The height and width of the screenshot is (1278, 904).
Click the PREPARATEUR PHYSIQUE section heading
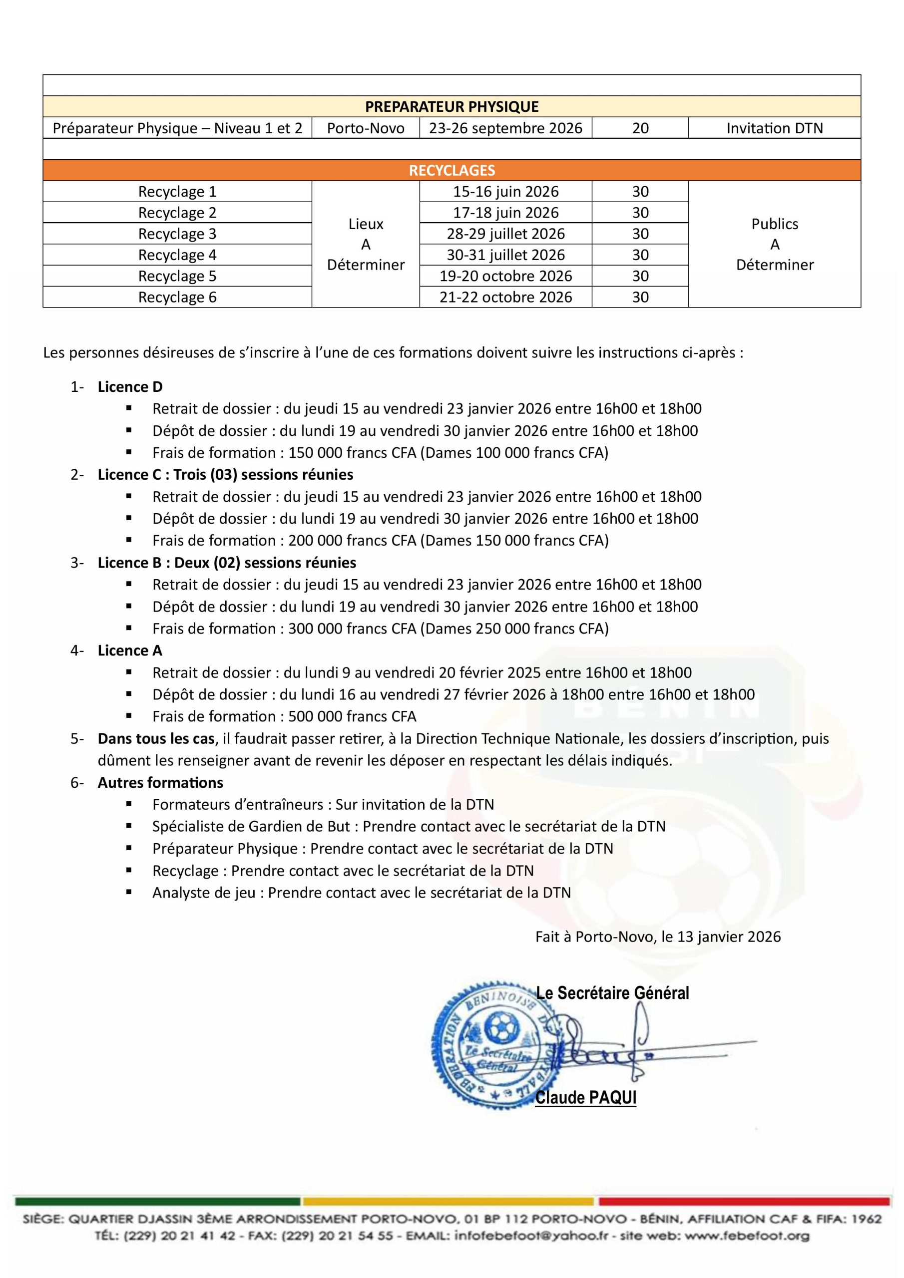point(451,106)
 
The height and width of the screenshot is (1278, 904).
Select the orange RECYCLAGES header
point(451,170)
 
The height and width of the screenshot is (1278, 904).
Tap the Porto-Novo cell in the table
point(366,128)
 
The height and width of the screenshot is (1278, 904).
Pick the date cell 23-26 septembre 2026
point(505,128)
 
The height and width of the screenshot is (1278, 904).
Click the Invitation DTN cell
point(774,128)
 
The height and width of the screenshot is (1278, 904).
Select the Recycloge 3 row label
point(177,234)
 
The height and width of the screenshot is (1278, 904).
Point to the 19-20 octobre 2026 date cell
point(505,276)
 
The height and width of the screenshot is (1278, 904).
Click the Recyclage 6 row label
point(177,297)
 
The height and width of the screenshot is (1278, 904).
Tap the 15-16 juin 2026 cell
point(505,192)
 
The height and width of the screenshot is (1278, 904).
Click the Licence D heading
point(130,387)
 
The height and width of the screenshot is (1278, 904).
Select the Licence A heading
point(130,650)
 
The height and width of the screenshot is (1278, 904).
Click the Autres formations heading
point(160,783)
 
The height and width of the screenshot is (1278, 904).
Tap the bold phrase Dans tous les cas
point(156,739)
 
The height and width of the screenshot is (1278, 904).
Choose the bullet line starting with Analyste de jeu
point(362,893)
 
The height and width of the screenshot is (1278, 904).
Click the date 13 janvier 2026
point(729,937)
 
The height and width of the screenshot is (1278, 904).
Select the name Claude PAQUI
point(585,1098)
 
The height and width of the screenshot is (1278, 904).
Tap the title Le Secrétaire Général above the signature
point(613,993)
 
